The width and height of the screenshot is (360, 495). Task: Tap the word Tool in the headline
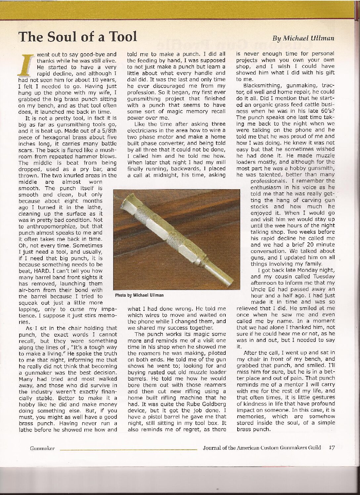tap(119, 36)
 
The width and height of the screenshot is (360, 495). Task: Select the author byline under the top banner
tap(303, 38)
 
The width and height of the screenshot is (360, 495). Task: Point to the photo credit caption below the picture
tap(139, 295)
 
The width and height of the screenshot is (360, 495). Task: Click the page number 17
tap(332, 448)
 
